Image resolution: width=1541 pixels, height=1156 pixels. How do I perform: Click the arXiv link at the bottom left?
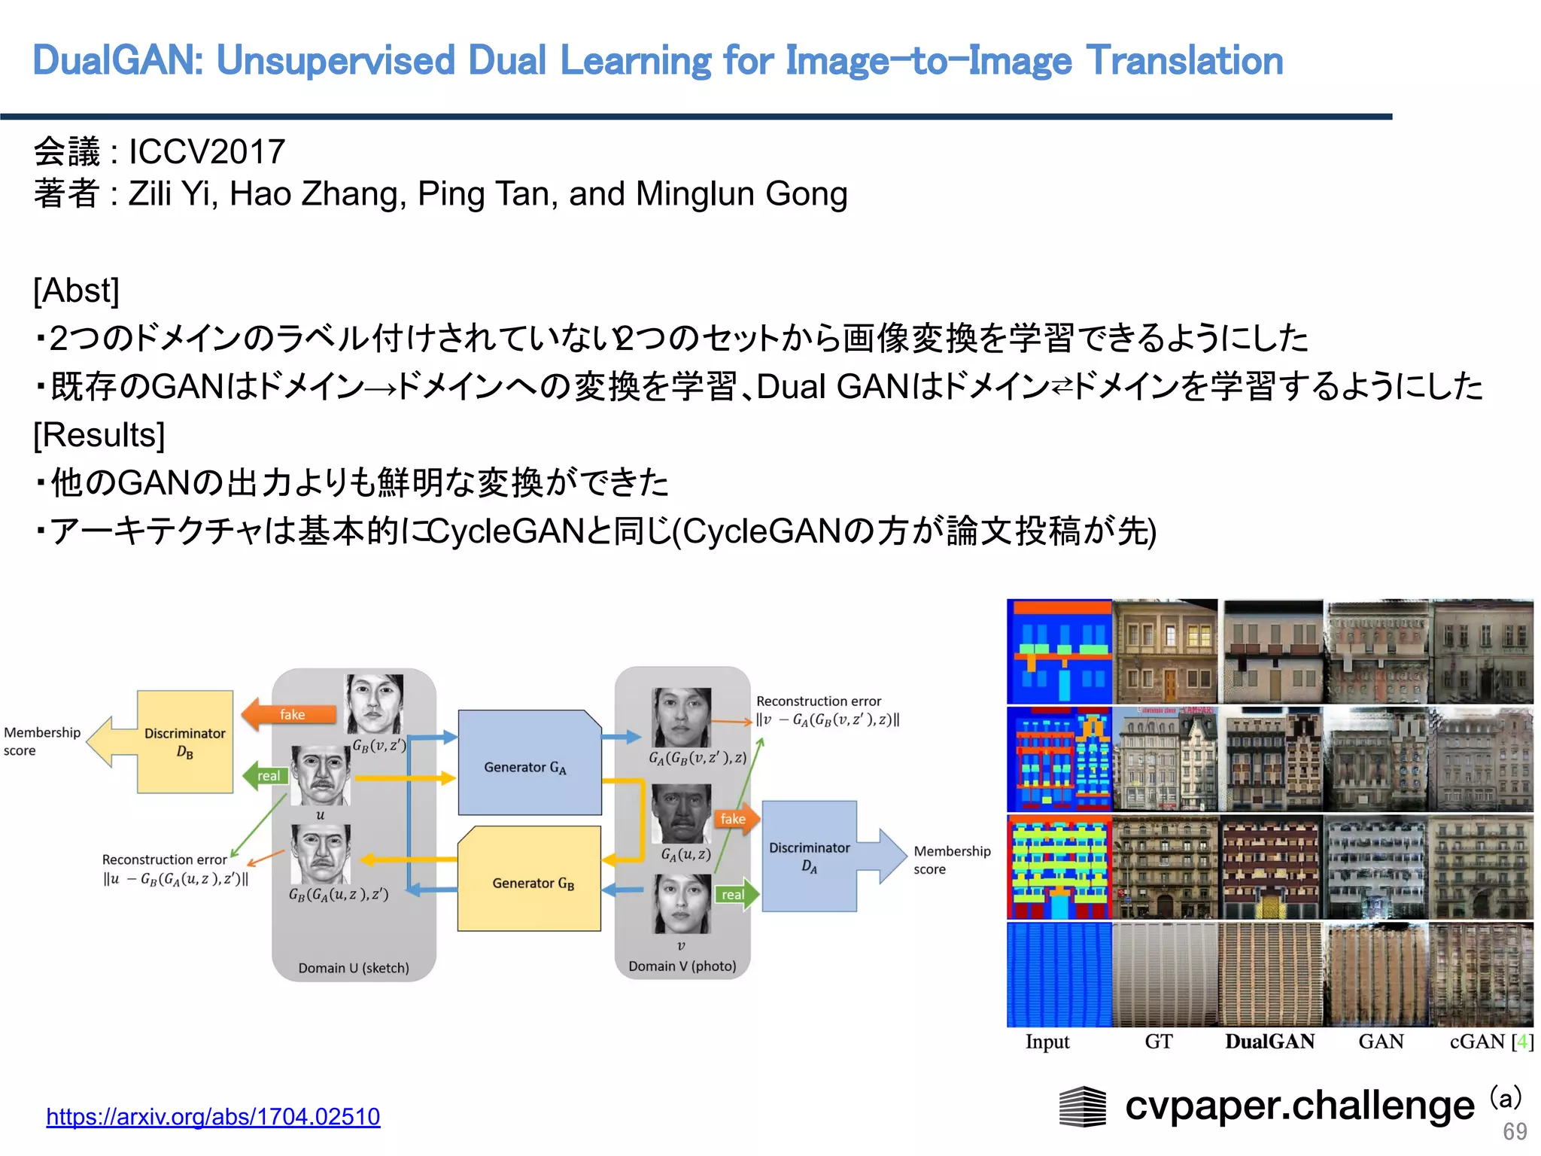click(213, 1116)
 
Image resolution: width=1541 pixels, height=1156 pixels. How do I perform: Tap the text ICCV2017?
click(207, 151)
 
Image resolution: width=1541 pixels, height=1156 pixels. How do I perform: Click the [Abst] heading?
click(76, 291)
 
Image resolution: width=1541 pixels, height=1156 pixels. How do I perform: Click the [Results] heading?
click(99, 435)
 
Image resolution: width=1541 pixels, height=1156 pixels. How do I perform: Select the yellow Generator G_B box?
click(530, 881)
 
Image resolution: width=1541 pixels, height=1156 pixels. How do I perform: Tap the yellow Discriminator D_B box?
click(185, 741)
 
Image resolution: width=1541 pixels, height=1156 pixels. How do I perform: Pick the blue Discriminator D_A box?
click(809, 856)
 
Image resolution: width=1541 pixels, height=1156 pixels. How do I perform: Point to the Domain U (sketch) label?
click(354, 968)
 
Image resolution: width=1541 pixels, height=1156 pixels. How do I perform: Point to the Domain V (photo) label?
click(682, 966)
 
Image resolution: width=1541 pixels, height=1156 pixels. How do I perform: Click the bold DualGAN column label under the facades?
click(1269, 1042)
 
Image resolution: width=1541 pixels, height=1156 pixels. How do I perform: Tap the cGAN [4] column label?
click(1491, 1042)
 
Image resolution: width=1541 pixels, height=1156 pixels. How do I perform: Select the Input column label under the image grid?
click(1047, 1042)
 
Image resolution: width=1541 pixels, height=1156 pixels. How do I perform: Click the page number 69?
click(1515, 1131)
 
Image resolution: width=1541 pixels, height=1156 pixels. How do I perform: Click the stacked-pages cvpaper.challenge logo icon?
click(1083, 1106)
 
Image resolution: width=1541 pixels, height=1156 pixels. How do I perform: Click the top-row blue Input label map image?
click(1059, 651)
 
